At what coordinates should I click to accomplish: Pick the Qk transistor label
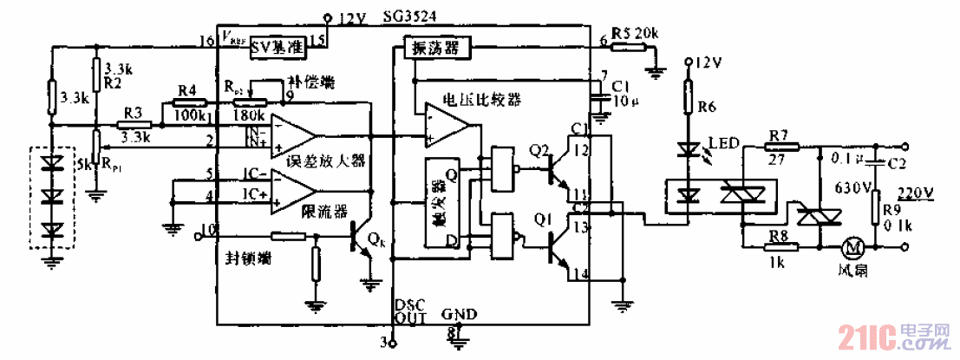click(x=376, y=237)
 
